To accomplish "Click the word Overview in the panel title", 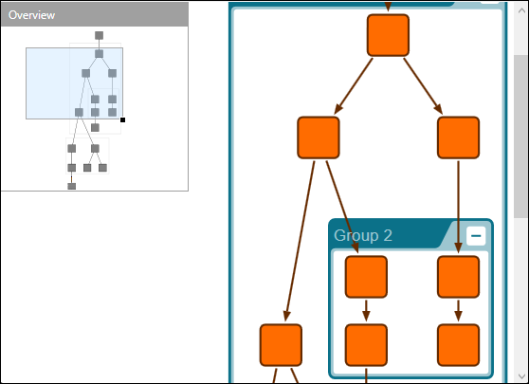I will (31, 15).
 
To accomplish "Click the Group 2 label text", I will (363, 235).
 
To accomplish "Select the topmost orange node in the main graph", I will (388, 35).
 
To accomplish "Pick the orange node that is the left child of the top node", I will (319, 137).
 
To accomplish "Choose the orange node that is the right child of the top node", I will (459, 137).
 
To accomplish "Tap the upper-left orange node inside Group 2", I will (366, 277).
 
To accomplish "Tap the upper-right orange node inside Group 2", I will (459, 277).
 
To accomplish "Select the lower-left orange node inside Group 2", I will (366, 344).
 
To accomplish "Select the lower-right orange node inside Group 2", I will (459, 344).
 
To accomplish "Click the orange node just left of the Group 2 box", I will (281, 344).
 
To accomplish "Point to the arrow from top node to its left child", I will (353, 86).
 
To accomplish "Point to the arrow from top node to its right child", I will (424, 86).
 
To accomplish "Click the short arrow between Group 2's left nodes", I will (366, 310).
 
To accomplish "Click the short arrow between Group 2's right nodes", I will (459, 310).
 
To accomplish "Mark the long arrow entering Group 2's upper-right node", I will (459, 204).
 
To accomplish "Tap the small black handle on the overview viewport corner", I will (123, 119).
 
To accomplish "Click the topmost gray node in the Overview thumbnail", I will (99, 36).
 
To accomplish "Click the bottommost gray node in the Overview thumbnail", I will (71, 186).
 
